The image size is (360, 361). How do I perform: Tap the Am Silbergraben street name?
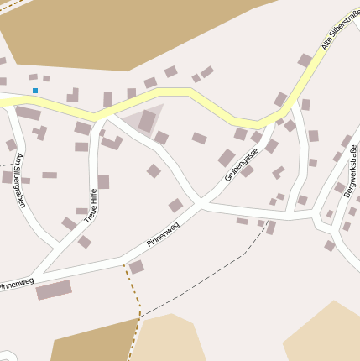19,179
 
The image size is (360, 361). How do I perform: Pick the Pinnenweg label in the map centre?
164,233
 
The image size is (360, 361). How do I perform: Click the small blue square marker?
35,91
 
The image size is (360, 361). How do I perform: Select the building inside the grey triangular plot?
148,121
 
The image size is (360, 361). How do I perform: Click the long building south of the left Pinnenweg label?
54,290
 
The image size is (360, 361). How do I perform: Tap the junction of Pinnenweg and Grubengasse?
201,204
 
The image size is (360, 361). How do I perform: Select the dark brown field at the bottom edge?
92,343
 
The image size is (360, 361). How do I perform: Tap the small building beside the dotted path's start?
136,267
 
